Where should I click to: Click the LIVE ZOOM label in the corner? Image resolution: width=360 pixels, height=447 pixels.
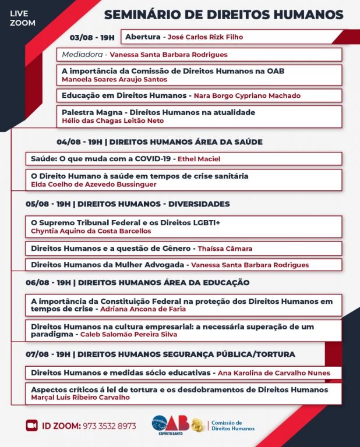click(x=23, y=18)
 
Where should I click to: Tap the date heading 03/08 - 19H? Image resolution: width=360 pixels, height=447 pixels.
click(x=92, y=37)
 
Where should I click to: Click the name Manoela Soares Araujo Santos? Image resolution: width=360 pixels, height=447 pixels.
click(x=114, y=79)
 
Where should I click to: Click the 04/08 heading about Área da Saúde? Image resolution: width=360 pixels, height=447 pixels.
click(x=160, y=141)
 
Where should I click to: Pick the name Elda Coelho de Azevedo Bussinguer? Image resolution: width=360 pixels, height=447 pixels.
click(x=93, y=184)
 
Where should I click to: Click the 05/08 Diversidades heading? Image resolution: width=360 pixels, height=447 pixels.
click(x=128, y=204)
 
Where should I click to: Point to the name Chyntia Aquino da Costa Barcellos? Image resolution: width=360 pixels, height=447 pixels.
click(x=90, y=230)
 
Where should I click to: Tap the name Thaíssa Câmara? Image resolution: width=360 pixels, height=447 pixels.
click(x=225, y=249)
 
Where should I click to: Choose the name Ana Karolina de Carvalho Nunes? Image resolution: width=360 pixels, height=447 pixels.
click(x=274, y=372)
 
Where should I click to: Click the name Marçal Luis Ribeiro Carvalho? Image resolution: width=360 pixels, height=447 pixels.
click(x=80, y=398)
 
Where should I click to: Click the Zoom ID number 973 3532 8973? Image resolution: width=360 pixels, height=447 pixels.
click(x=109, y=426)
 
